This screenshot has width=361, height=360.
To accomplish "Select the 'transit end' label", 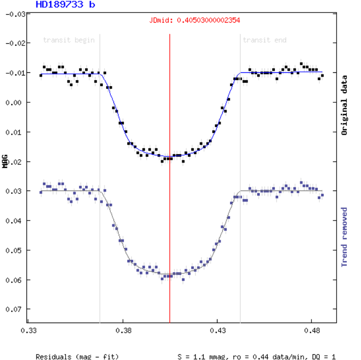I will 264,40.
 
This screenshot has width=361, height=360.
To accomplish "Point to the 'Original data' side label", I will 344,105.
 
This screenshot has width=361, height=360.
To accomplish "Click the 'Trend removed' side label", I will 344,236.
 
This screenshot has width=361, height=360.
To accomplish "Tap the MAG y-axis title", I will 5,161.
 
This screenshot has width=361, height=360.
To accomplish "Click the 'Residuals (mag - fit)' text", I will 77,357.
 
